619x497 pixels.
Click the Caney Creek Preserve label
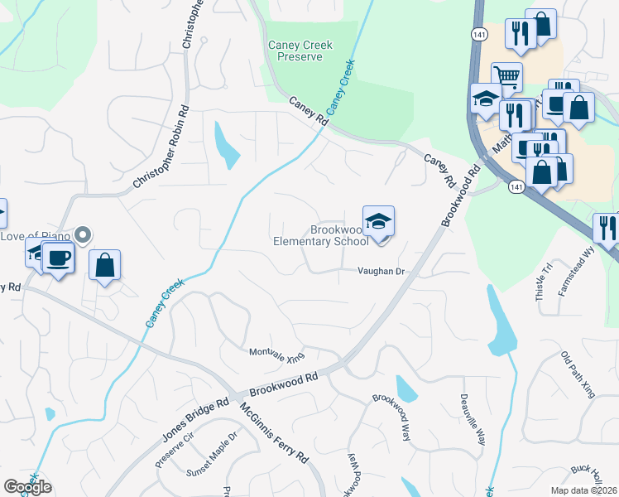coord(300,51)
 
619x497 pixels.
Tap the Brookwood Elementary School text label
coord(321,235)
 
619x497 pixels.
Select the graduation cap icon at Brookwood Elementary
coord(378,221)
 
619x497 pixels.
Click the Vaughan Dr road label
coord(380,271)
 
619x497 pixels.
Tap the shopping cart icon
coord(506,78)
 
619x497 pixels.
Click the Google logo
coord(26,486)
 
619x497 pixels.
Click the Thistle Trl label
coord(545,282)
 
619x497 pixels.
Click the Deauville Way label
coord(479,418)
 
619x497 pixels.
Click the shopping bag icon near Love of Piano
coord(105,265)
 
